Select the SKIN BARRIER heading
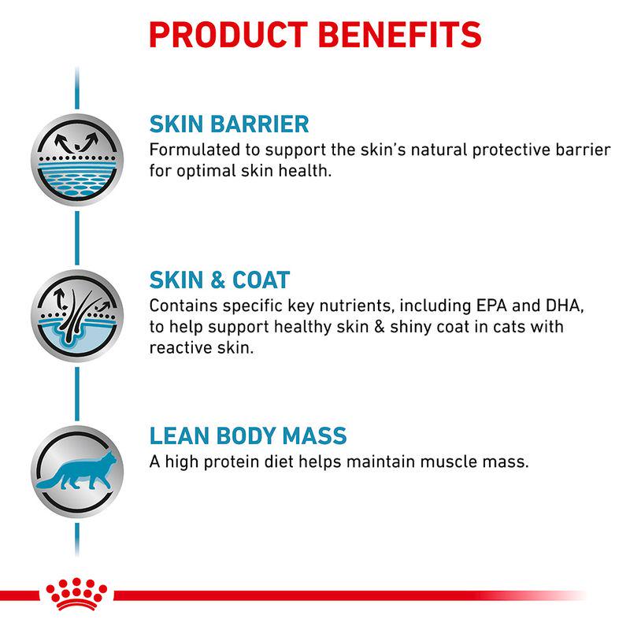(229, 124)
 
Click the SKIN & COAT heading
(220, 280)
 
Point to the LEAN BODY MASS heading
(248, 436)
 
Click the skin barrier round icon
(76, 160)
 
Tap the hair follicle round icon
(76, 315)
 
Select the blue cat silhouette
(78, 472)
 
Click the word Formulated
(193, 150)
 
